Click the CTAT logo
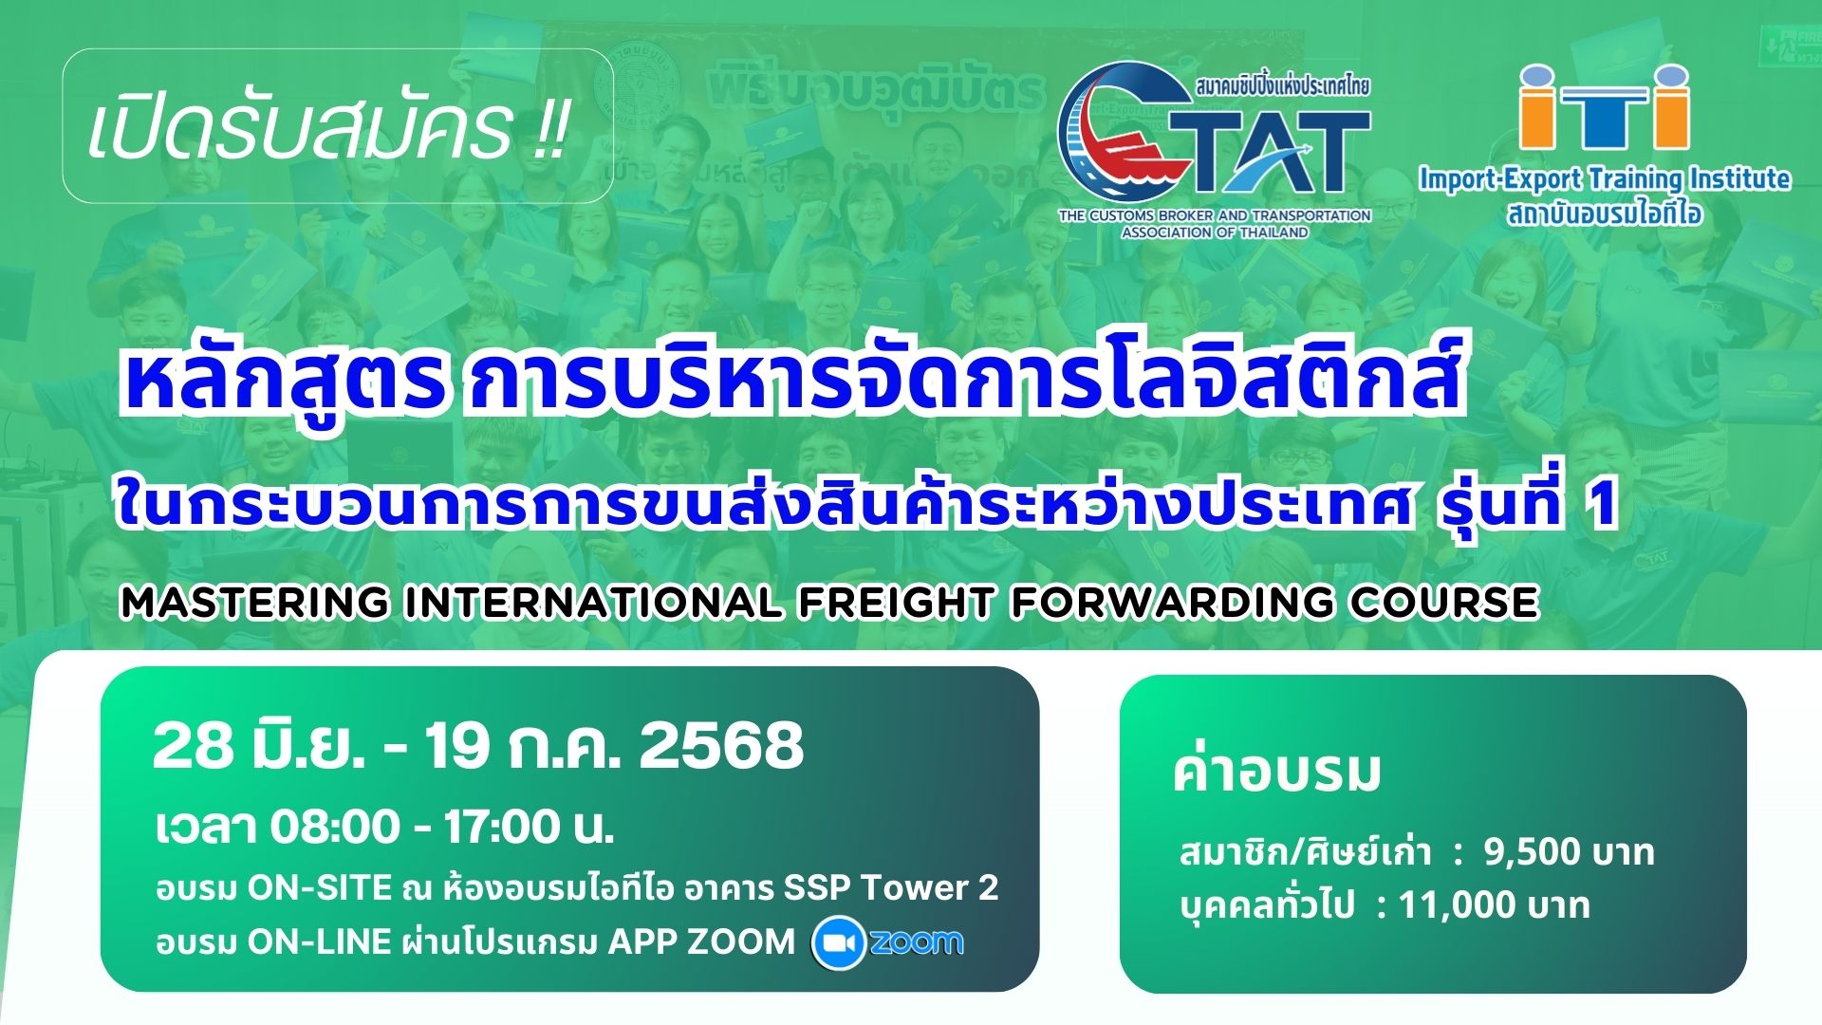(1215, 149)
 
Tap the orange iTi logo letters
(1605, 106)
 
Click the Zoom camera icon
(838, 943)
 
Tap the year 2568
(721, 746)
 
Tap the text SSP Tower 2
(891, 887)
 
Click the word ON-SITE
(320, 887)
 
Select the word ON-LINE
(320, 941)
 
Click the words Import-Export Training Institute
(1605, 178)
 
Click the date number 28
(194, 746)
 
